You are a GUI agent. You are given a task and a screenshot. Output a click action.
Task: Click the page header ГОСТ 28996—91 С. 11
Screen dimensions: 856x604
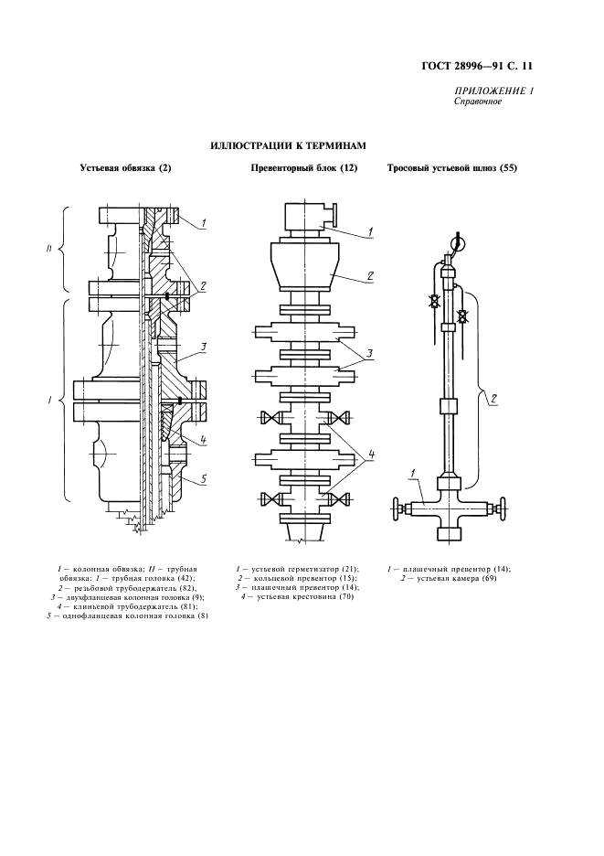coord(491,67)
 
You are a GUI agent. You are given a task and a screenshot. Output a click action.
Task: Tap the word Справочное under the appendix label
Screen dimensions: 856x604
coord(477,102)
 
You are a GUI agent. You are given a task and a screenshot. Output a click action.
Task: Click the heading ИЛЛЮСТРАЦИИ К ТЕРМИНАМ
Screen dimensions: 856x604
coord(288,145)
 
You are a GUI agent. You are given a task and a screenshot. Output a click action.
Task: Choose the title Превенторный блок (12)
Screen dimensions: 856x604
coord(303,168)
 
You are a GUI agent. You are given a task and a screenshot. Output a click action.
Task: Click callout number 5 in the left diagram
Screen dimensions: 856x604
coord(206,476)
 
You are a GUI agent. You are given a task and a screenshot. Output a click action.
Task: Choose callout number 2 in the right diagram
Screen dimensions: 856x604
coord(493,398)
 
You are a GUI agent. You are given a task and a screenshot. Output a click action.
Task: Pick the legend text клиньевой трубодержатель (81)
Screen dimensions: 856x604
coord(134,606)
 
